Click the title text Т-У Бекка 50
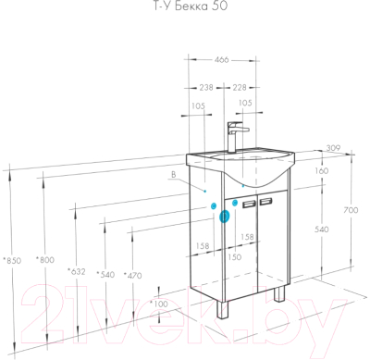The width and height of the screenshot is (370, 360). [x=191, y=6]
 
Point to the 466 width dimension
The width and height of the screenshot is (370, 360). [x=221, y=59]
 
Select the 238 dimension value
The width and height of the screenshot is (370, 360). [x=206, y=88]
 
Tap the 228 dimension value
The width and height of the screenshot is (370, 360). [x=240, y=88]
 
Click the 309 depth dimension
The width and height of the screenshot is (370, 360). [x=333, y=148]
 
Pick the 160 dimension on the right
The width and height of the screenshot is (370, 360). [x=322, y=170]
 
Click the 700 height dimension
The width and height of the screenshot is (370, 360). [x=351, y=210]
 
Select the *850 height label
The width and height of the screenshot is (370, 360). [x=12, y=261]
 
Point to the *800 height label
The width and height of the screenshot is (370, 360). [x=45, y=260]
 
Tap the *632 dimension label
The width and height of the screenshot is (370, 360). [x=77, y=272]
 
